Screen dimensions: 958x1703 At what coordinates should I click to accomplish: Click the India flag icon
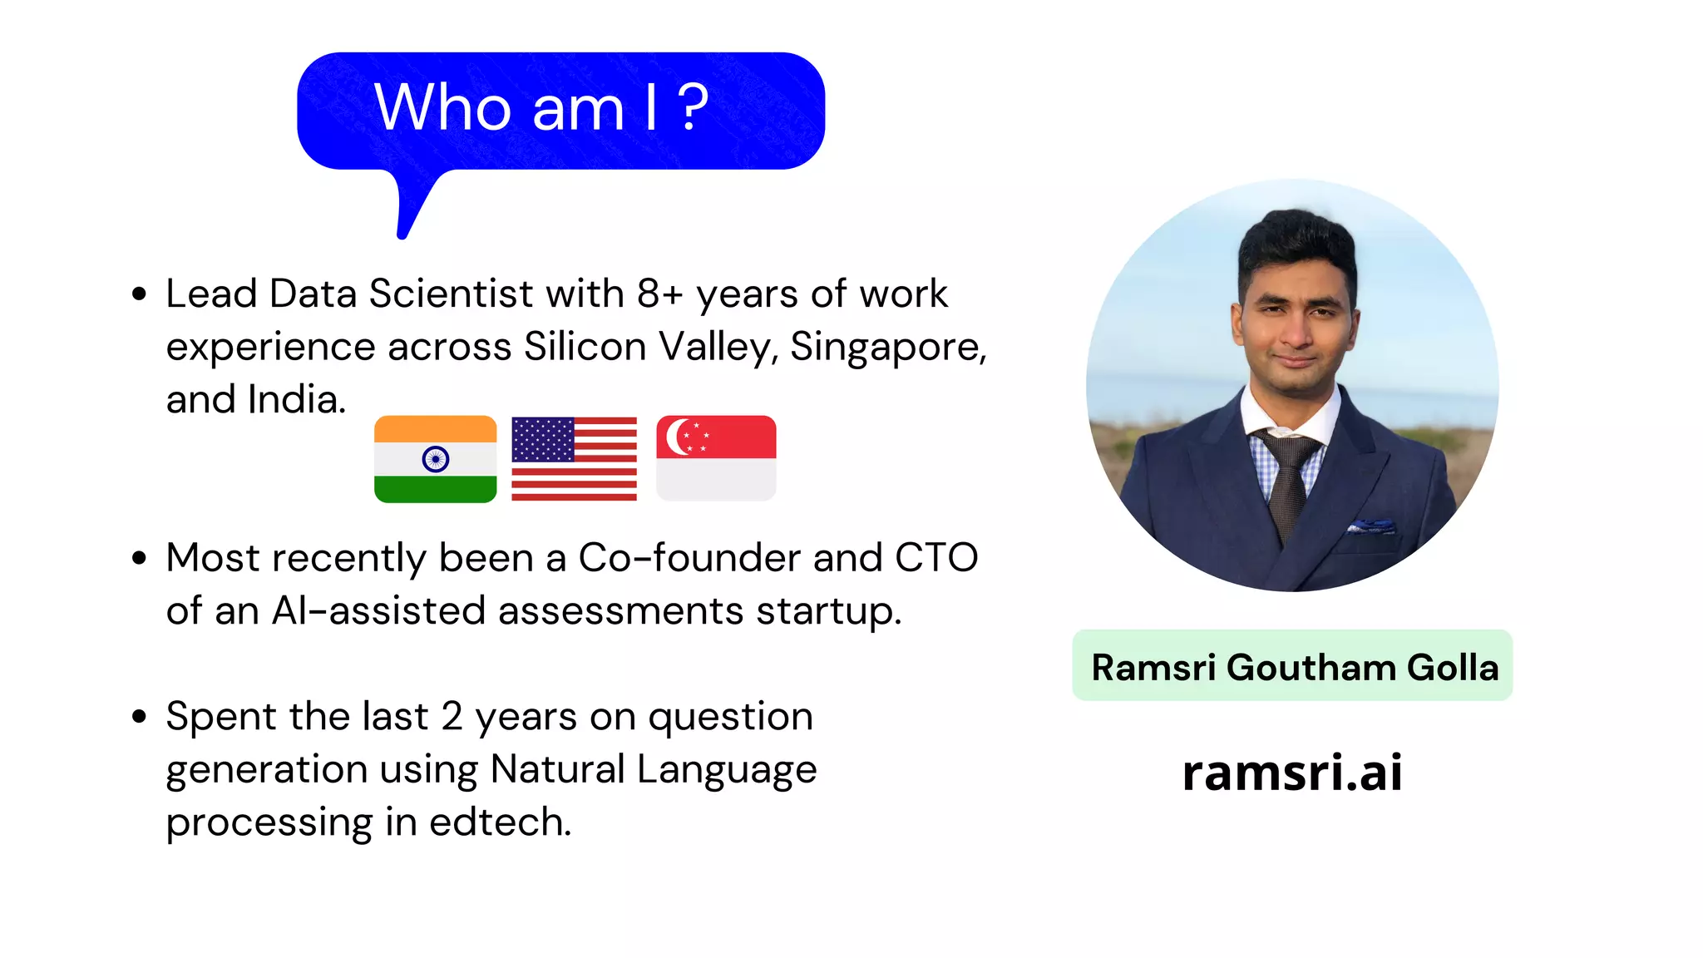pos(435,459)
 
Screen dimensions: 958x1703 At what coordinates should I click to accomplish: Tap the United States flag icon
pos(574,459)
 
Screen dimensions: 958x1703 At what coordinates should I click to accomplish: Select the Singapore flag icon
pos(716,459)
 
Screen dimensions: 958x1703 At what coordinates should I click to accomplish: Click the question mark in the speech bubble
pos(693,108)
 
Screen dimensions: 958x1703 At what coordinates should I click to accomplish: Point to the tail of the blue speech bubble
pos(412,212)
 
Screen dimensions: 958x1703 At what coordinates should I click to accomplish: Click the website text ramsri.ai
pos(1292,772)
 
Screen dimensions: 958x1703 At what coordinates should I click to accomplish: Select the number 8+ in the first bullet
pos(660,294)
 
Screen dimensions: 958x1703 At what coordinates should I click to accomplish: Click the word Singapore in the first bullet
pos(887,347)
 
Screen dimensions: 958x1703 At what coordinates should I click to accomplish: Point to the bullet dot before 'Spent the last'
pos(139,717)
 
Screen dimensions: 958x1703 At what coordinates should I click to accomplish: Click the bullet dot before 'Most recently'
pos(139,558)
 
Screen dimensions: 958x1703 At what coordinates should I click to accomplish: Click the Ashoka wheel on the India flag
pos(436,459)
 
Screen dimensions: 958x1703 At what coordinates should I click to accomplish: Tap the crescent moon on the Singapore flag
pos(676,437)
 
